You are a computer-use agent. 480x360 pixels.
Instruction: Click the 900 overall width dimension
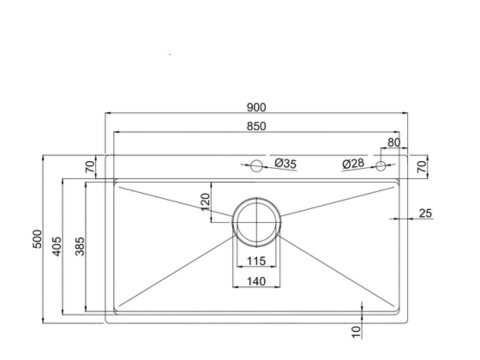click(256, 107)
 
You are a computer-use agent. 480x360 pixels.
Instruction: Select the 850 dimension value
click(256, 126)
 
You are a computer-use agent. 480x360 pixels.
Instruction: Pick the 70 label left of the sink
click(89, 165)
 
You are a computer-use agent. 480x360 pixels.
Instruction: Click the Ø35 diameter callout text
click(285, 163)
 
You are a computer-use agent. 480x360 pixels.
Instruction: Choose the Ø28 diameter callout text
click(352, 163)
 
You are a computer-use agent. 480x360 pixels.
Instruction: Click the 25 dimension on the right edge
click(425, 212)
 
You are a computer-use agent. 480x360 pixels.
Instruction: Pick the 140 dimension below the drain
click(257, 282)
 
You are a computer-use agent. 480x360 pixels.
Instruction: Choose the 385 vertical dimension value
click(80, 246)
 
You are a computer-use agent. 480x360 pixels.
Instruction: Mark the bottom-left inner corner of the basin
click(118, 310)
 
